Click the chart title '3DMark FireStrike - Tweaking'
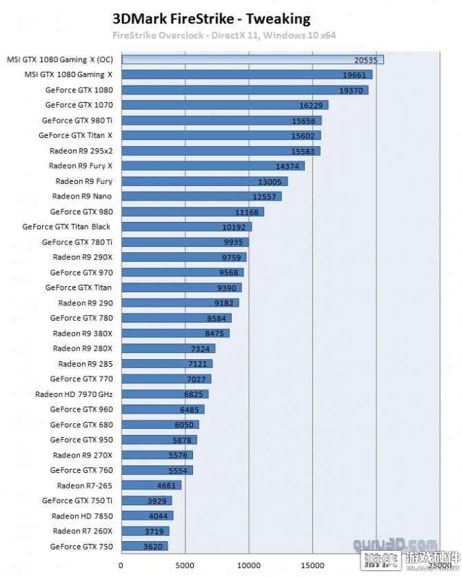coord(211,19)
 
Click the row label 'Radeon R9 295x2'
coord(81,150)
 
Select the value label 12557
coord(265,196)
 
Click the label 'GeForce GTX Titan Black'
coord(66,226)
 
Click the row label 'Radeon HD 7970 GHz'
coord(73,394)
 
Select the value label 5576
coord(179,455)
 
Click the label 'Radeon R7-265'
coord(84,485)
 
